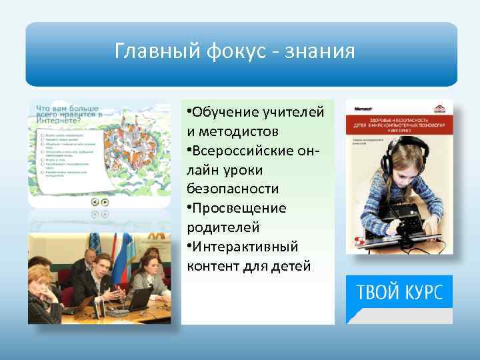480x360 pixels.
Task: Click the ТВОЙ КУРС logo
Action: [x=399, y=294]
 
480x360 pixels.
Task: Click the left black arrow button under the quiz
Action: [x=95, y=202]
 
